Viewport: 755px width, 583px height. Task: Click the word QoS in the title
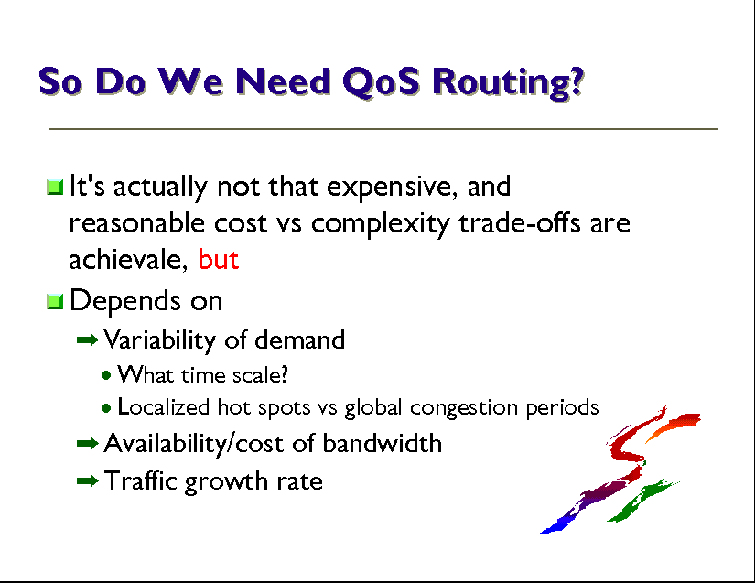coord(381,82)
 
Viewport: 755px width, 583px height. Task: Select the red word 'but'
coord(219,260)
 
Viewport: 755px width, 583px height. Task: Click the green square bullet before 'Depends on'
coord(56,302)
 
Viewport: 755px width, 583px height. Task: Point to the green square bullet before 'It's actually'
coord(56,188)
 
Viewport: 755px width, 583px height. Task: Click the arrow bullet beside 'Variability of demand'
coord(88,340)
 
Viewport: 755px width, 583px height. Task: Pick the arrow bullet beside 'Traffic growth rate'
coord(88,480)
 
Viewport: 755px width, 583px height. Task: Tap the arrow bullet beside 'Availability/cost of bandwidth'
coord(88,443)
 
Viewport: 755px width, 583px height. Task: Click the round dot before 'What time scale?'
coord(106,375)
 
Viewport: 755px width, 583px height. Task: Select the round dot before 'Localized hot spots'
coord(106,409)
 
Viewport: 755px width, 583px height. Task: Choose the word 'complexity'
coord(381,224)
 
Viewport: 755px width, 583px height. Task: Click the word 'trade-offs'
coord(520,223)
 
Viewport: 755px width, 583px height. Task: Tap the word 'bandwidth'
coord(382,443)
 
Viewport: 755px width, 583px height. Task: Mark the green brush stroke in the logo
coord(642,501)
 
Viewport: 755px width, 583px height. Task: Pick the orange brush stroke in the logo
coord(674,425)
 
